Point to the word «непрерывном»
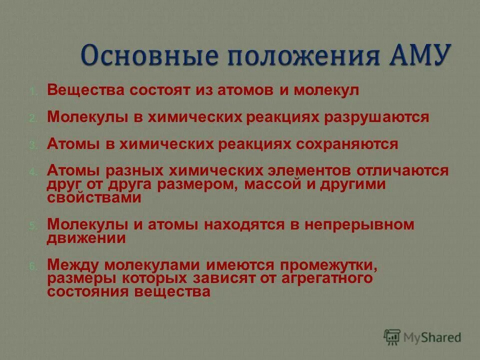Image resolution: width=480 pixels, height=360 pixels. (360, 224)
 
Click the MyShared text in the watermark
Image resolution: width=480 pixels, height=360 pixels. (433, 337)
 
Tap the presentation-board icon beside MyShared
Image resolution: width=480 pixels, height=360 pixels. (392, 337)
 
